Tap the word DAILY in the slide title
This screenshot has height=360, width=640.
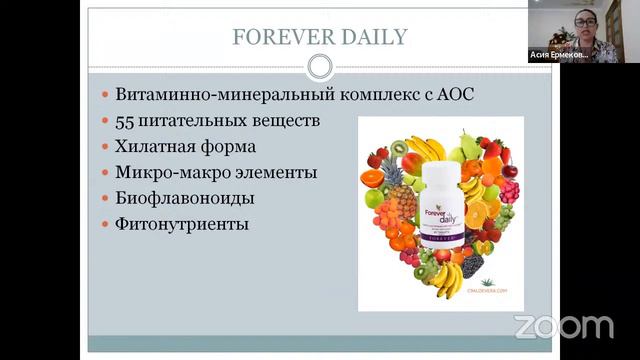pyautogui.click(x=372, y=38)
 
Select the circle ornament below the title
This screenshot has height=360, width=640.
pyautogui.click(x=319, y=67)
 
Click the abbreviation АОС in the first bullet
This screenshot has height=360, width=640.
pyautogui.click(x=450, y=95)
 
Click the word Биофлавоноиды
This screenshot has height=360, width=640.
pyautogui.click(x=185, y=198)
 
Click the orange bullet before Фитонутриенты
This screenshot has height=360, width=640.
pyautogui.click(x=107, y=225)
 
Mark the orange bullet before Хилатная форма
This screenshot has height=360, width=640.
pyautogui.click(x=107, y=147)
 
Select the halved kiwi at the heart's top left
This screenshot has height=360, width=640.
pyautogui.click(x=402, y=148)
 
